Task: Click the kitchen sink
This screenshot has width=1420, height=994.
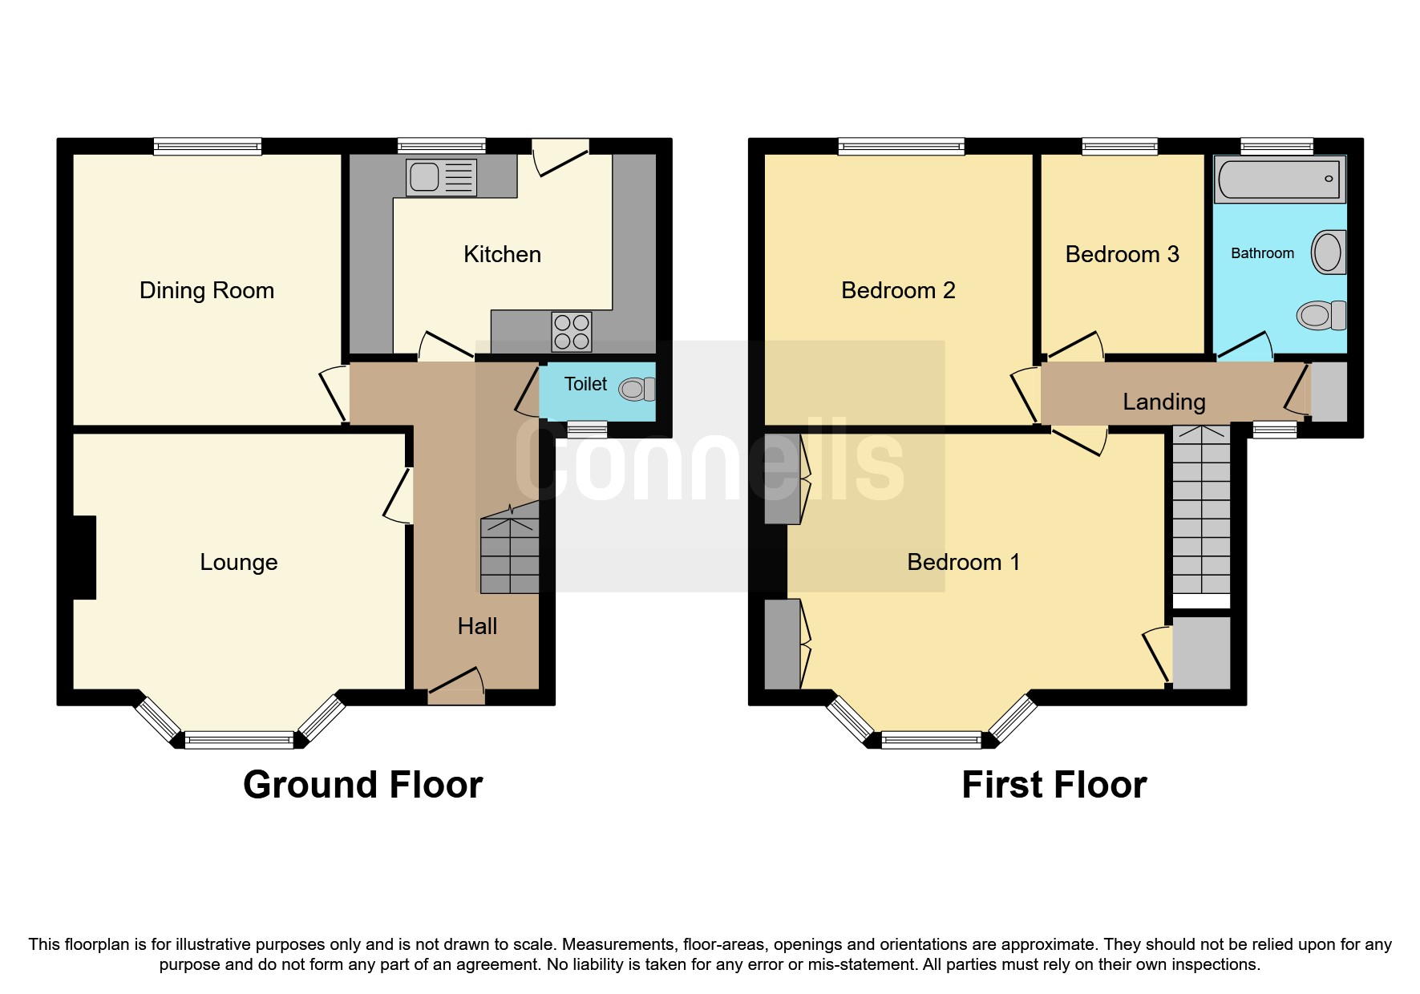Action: point(441,177)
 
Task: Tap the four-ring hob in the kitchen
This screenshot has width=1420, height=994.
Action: point(572,332)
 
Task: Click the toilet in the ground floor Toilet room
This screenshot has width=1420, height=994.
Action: point(637,390)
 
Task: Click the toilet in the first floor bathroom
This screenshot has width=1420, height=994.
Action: point(1320,315)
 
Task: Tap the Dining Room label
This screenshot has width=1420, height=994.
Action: point(207,290)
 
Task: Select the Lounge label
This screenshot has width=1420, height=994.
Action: point(239,562)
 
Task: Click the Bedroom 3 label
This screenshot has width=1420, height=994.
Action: point(1122,254)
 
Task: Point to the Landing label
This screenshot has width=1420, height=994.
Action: point(1163,402)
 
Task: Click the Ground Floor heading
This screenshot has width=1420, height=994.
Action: point(362,784)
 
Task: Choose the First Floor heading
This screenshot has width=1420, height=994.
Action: point(1054,784)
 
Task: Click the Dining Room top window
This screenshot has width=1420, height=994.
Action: point(208,146)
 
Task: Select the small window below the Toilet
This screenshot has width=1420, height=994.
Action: point(587,430)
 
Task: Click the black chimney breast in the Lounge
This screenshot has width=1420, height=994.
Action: point(83,557)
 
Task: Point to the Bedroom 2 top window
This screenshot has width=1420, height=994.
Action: point(901,146)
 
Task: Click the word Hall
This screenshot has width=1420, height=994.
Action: point(477,626)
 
